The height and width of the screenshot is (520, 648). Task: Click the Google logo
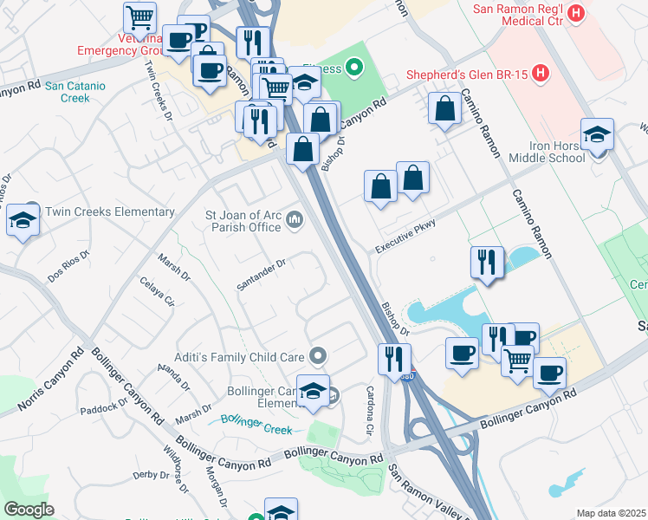(x=29, y=510)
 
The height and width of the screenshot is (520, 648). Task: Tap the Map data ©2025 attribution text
(x=611, y=513)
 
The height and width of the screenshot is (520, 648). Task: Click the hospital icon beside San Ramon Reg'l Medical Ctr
(x=579, y=14)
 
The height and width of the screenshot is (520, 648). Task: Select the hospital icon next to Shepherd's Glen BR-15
(x=541, y=73)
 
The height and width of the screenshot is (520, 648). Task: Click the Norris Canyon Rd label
(x=52, y=380)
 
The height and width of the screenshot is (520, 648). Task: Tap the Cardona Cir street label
(x=371, y=411)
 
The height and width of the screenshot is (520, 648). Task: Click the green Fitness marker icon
(x=353, y=68)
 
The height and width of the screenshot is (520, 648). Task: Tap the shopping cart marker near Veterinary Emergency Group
(x=139, y=17)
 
